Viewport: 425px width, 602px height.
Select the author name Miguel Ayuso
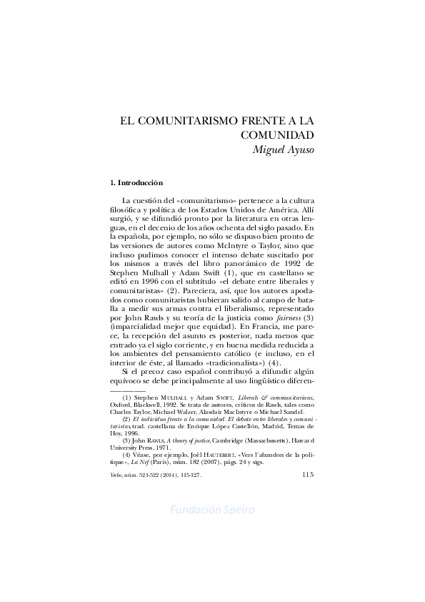[284, 149]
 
